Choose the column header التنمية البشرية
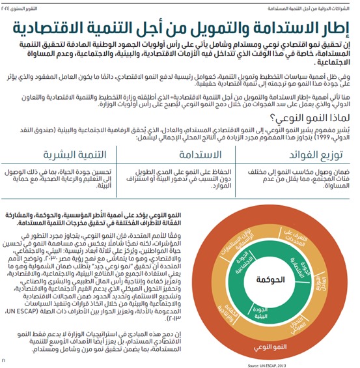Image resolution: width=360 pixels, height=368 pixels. tap(69, 156)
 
